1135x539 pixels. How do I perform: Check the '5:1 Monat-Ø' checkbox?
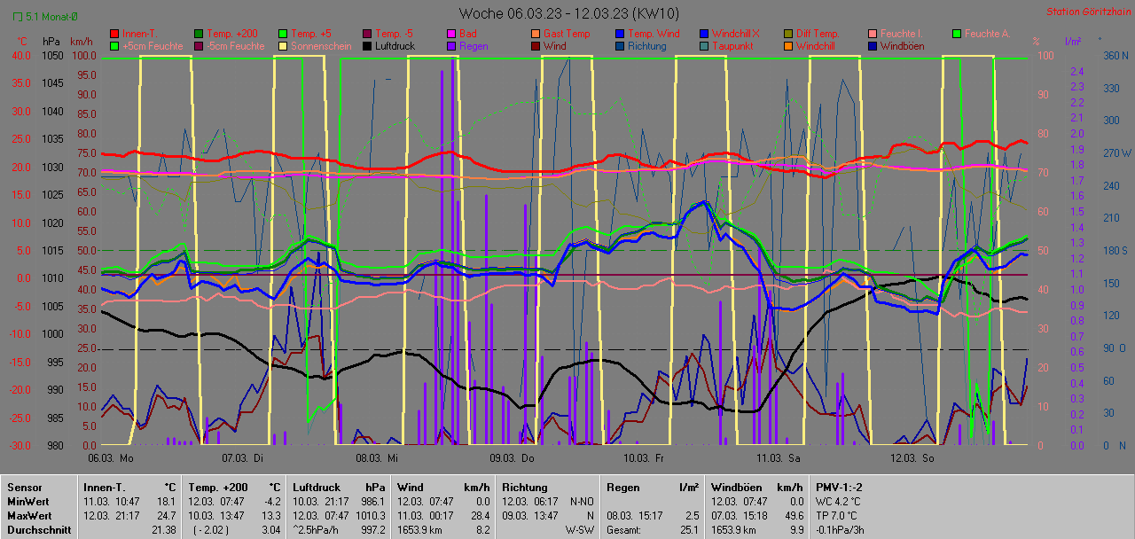[x=18, y=17]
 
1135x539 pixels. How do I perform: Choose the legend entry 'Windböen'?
[x=903, y=46]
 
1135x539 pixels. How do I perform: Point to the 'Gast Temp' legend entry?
[x=566, y=34]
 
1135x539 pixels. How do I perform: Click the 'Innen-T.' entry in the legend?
[x=143, y=34]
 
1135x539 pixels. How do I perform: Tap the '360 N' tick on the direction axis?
[x=1114, y=55]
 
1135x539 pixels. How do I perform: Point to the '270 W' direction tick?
[x=1114, y=152]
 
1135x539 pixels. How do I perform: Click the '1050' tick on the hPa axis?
[x=52, y=55]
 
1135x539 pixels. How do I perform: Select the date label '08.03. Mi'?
[x=377, y=458]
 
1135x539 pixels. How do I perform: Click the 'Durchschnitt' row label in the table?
[x=39, y=529]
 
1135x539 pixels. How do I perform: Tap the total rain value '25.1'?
[x=689, y=529]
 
